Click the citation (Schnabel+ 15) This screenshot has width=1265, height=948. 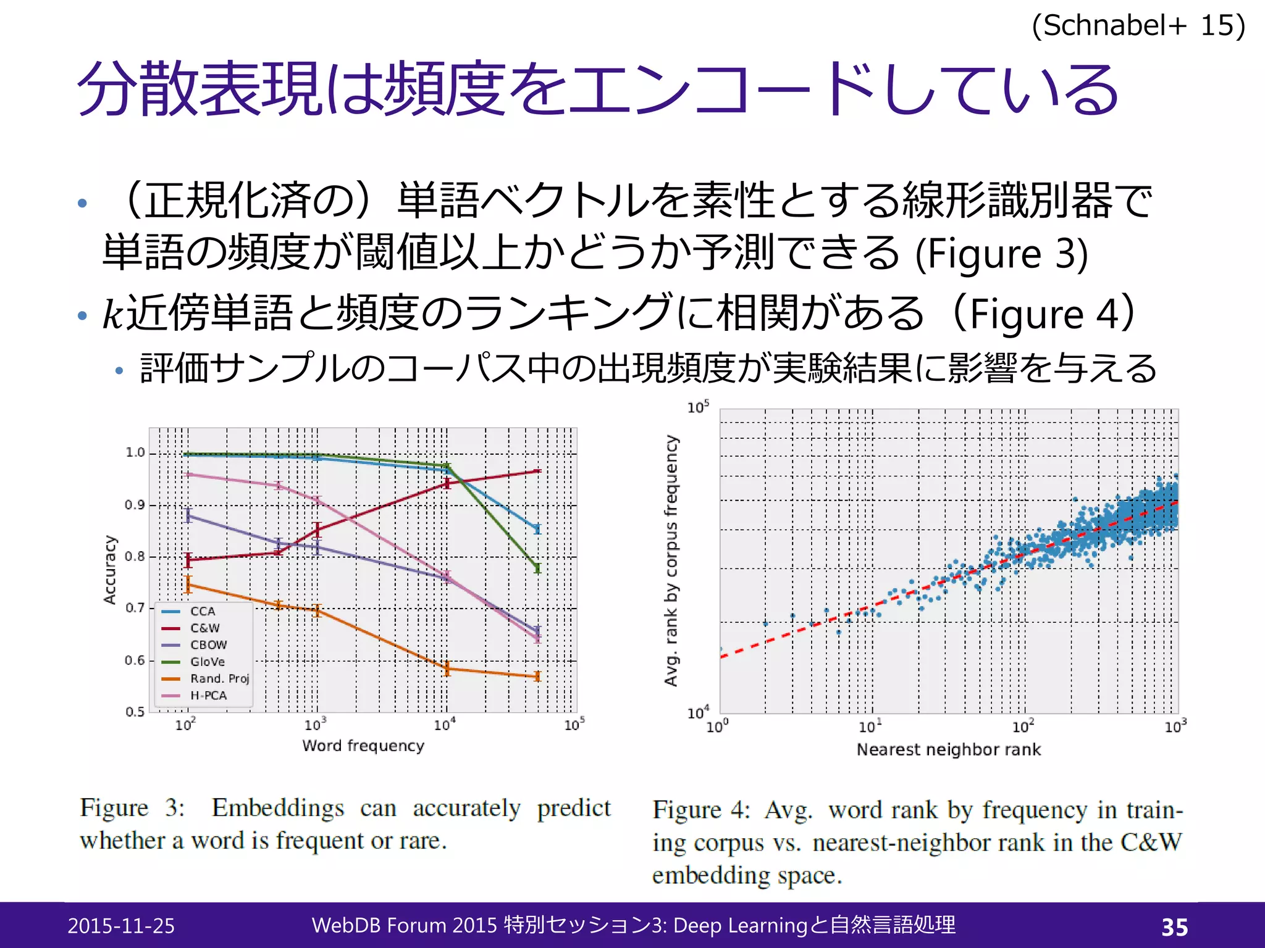(x=1138, y=26)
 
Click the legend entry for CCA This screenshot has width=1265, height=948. (x=202, y=611)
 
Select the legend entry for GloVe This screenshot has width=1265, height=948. (x=207, y=662)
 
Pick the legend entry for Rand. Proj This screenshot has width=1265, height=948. (x=219, y=678)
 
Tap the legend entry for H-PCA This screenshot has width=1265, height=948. (x=208, y=696)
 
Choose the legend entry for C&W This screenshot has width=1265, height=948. (x=204, y=628)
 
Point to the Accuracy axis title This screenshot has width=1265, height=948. (x=110, y=569)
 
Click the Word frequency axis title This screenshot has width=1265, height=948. (x=363, y=746)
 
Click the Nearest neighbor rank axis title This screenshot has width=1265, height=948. (x=948, y=749)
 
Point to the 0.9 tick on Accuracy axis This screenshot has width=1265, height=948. (x=135, y=505)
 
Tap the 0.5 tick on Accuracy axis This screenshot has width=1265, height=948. (x=135, y=712)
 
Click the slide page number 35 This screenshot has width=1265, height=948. (x=1174, y=926)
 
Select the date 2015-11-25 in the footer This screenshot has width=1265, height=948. (x=121, y=926)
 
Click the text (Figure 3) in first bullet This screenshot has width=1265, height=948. (x=1001, y=254)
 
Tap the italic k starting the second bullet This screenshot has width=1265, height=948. (x=113, y=314)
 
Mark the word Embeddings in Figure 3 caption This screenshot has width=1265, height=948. (x=277, y=808)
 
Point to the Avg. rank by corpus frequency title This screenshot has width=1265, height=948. (x=671, y=560)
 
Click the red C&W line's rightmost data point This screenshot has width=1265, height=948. (x=537, y=472)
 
